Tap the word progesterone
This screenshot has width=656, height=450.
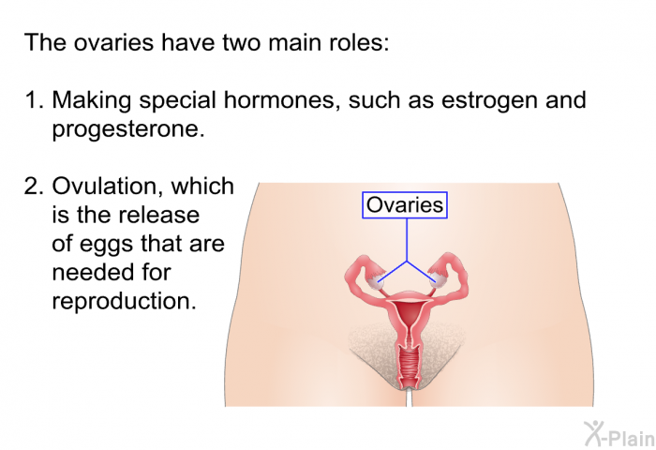coord(128,129)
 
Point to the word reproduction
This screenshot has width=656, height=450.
coord(124,301)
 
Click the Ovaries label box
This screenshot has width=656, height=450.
coord(405,205)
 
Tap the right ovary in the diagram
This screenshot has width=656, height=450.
coord(439,280)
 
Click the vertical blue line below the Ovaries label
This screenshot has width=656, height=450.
coord(407,240)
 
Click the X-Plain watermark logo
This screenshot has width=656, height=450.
coord(619,434)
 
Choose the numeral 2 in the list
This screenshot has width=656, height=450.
coord(33,187)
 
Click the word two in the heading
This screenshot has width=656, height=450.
coord(243,43)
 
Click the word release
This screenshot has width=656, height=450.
coord(158,216)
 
